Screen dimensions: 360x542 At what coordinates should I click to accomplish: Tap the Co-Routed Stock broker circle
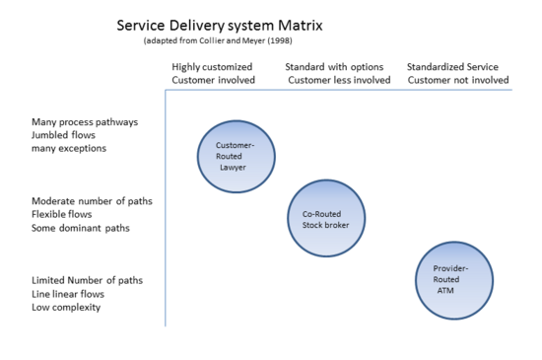pyautogui.click(x=326, y=218)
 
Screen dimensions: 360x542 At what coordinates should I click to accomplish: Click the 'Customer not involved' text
pyautogui.click(x=458, y=80)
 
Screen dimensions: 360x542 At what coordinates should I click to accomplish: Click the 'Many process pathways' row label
pyautogui.click(x=85, y=122)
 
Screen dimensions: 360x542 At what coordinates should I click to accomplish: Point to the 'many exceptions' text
pyautogui.click(x=70, y=149)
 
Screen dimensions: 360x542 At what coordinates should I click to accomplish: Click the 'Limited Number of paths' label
pyautogui.click(x=87, y=280)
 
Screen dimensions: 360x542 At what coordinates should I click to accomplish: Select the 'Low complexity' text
pyautogui.click(x=66, y=307)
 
